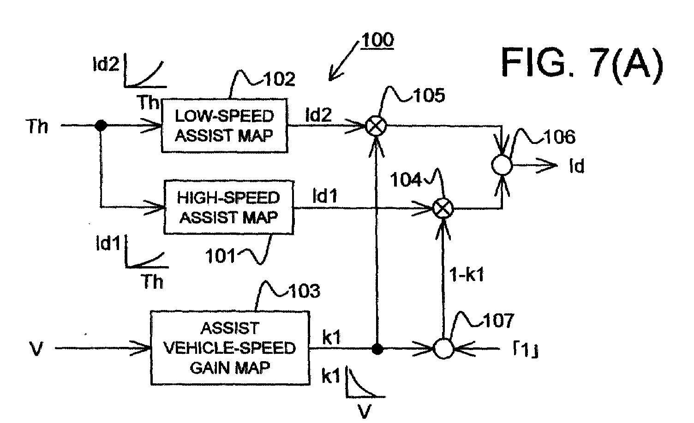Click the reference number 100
tap(377, 40)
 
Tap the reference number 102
tap(280, 79)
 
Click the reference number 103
tap(305, 291)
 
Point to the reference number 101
tap(220, 256)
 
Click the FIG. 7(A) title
tap(582, 64)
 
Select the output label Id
tap(577, 166)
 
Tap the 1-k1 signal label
tap(467, 274)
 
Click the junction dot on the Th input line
tap(101, 126)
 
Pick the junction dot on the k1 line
tap(377, 349)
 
